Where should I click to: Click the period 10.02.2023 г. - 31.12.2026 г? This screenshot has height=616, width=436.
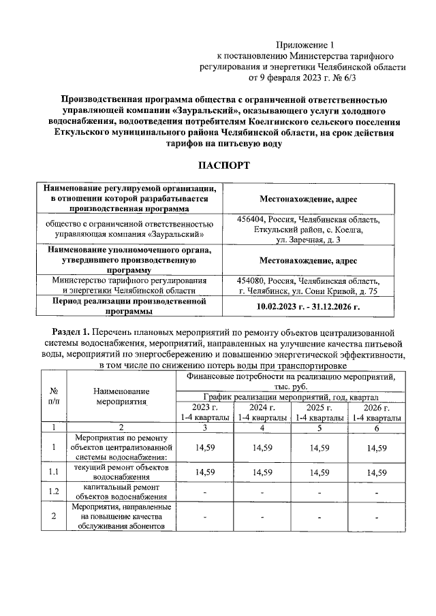click(x=308, y=306)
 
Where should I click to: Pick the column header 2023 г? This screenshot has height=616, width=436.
click(x=204, y=407)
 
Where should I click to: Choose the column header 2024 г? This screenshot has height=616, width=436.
click(x=262, y=407)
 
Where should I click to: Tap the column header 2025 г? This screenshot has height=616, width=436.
click(x=319, y=407)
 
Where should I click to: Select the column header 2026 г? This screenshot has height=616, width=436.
click(x=376, y=407)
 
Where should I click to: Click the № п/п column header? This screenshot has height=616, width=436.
click(x=54, y=397)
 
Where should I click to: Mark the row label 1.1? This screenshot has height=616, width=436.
click(x=54, y=472)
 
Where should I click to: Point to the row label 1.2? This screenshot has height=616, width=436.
click(x=54, y=491)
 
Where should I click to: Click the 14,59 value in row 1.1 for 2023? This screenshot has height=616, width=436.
click(x=204, y=472)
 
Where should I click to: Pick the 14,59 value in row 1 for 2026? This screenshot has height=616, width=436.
click(x=376, y=447)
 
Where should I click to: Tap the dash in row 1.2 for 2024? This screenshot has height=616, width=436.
click(x=262, y=491)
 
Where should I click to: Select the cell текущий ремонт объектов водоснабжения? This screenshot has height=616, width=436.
click(x=122, y=472)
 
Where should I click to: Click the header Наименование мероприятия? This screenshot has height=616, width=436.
click(x=122, y=397)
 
